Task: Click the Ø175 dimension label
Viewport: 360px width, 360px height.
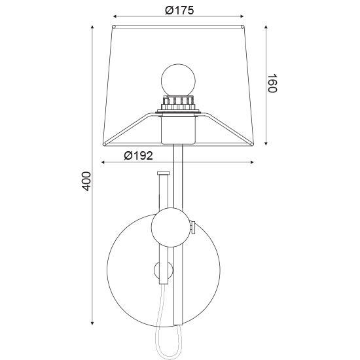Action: point(179,10)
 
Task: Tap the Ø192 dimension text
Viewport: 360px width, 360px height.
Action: point(139,156)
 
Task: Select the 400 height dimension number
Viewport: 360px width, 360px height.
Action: point(86,181)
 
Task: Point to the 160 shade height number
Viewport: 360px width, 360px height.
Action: point(272,83)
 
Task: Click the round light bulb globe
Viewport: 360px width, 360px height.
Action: point(179,80)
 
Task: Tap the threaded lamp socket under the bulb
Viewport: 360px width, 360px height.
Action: point(179,103)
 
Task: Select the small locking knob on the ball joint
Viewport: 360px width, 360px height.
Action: point(192,227)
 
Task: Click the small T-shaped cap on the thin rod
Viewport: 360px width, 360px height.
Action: point(163,173)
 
